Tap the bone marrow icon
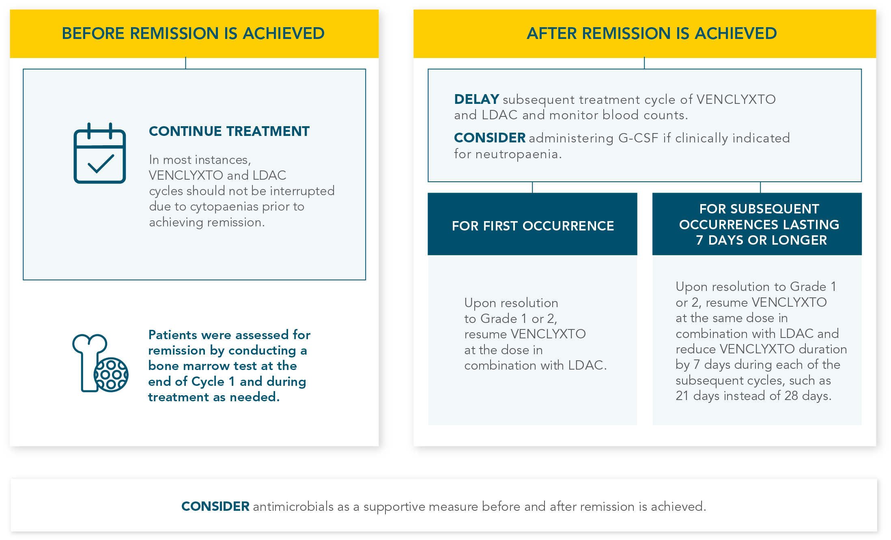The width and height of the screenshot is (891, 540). point(100,363)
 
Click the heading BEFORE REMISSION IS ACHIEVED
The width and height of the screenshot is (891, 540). point(193,33)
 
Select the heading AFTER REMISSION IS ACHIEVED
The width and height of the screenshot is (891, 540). point(652,33)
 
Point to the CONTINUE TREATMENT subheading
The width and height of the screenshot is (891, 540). point(229,131)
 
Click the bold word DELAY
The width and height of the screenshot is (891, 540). point(476,99)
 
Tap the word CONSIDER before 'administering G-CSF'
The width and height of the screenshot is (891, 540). point(490,138)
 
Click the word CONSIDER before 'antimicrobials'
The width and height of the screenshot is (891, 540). point(215,506)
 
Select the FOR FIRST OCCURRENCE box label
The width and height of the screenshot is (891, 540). point(533,226)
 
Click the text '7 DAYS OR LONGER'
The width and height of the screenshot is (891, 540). point(761,240)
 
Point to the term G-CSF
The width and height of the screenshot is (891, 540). point(638,138)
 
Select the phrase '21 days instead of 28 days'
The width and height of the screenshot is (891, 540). point(753,396)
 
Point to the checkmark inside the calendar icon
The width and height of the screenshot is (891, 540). point(100,164)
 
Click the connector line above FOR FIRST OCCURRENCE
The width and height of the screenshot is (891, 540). point(532,187)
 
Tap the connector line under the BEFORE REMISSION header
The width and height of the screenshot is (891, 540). point(185,63)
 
